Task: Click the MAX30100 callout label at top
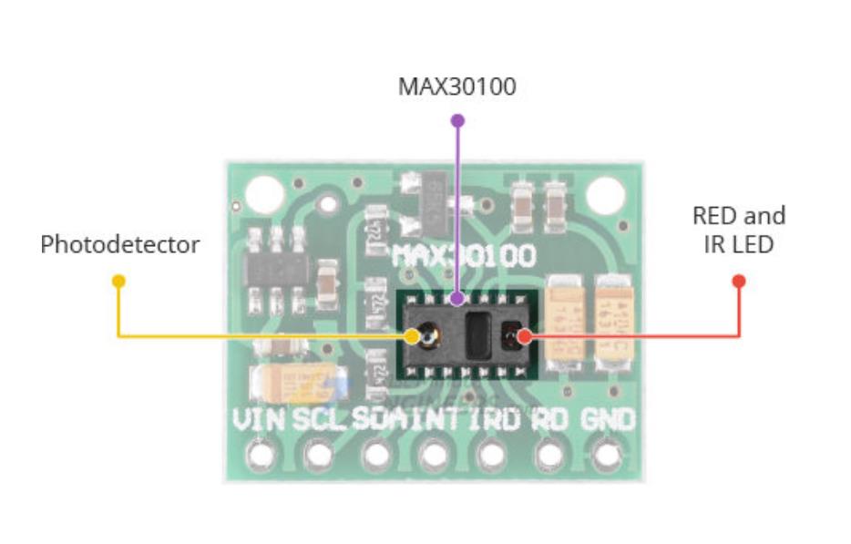(x=457, y=87)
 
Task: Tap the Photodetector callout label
(x=119, y=245)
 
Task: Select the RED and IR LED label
(x=739, y=230)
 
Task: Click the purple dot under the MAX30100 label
(x=457, y=119)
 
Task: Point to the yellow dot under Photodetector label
(x=118, y=279)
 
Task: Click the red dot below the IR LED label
(x=739, y=280)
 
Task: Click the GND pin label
(x=606, y=421)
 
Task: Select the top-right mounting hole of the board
(x=604, y=193)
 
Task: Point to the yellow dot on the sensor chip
(x=413, y=337)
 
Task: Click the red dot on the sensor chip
(x=524, y=337)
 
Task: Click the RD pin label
(x=549, y=421)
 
